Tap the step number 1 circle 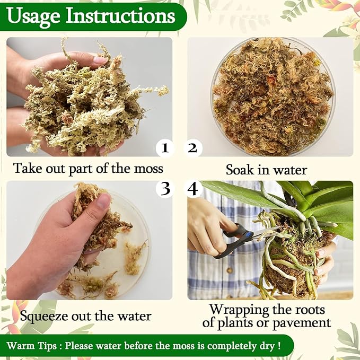tap(165, 148)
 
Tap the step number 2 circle tap(192, 148)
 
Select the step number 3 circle tap(165, 189)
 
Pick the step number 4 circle tap(192, 189)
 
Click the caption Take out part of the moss tap(88, 169)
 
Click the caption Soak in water tap(266, 170)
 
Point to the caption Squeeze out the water tap(85, 317)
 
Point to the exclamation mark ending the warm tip tap(278, 346)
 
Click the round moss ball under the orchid tap(294, 265)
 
